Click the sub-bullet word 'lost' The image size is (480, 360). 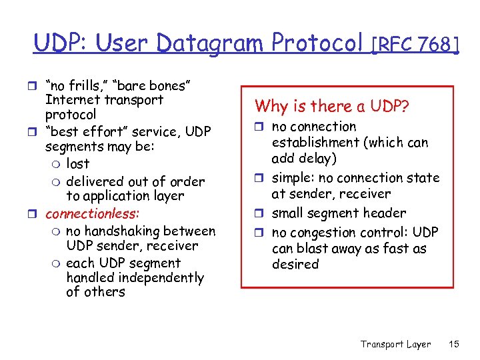(77, 164)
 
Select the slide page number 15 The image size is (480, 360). (454, 344)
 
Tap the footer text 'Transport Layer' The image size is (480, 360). (395, 344)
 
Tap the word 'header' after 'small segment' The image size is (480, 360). (384, 213)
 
